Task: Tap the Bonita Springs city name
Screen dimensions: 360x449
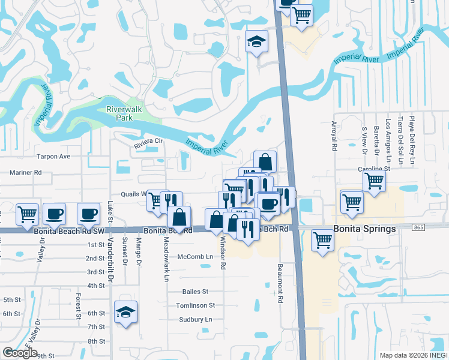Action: (365, 229)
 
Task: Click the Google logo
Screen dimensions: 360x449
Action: (20, 353)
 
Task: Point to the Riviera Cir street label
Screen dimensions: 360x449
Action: (148, 142)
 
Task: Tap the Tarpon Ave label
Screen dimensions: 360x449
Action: (53, 157)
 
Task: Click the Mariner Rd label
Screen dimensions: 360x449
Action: (25, 172)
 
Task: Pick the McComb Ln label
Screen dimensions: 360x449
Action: (195, 257)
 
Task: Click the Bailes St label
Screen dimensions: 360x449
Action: (195, 292)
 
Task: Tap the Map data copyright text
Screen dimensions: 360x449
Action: (413, 354)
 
